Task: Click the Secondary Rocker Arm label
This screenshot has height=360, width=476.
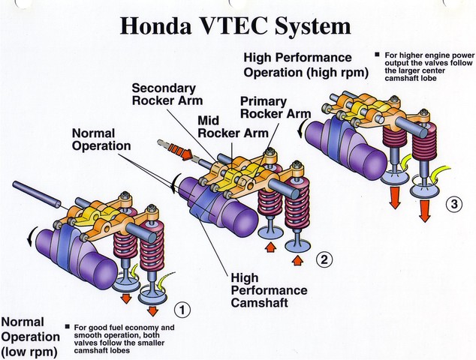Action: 163,94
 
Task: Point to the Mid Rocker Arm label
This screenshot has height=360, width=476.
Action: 224,125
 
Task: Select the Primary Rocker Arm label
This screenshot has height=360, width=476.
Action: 276,107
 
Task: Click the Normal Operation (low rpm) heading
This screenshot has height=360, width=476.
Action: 30,336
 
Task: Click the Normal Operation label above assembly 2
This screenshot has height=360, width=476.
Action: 101,139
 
